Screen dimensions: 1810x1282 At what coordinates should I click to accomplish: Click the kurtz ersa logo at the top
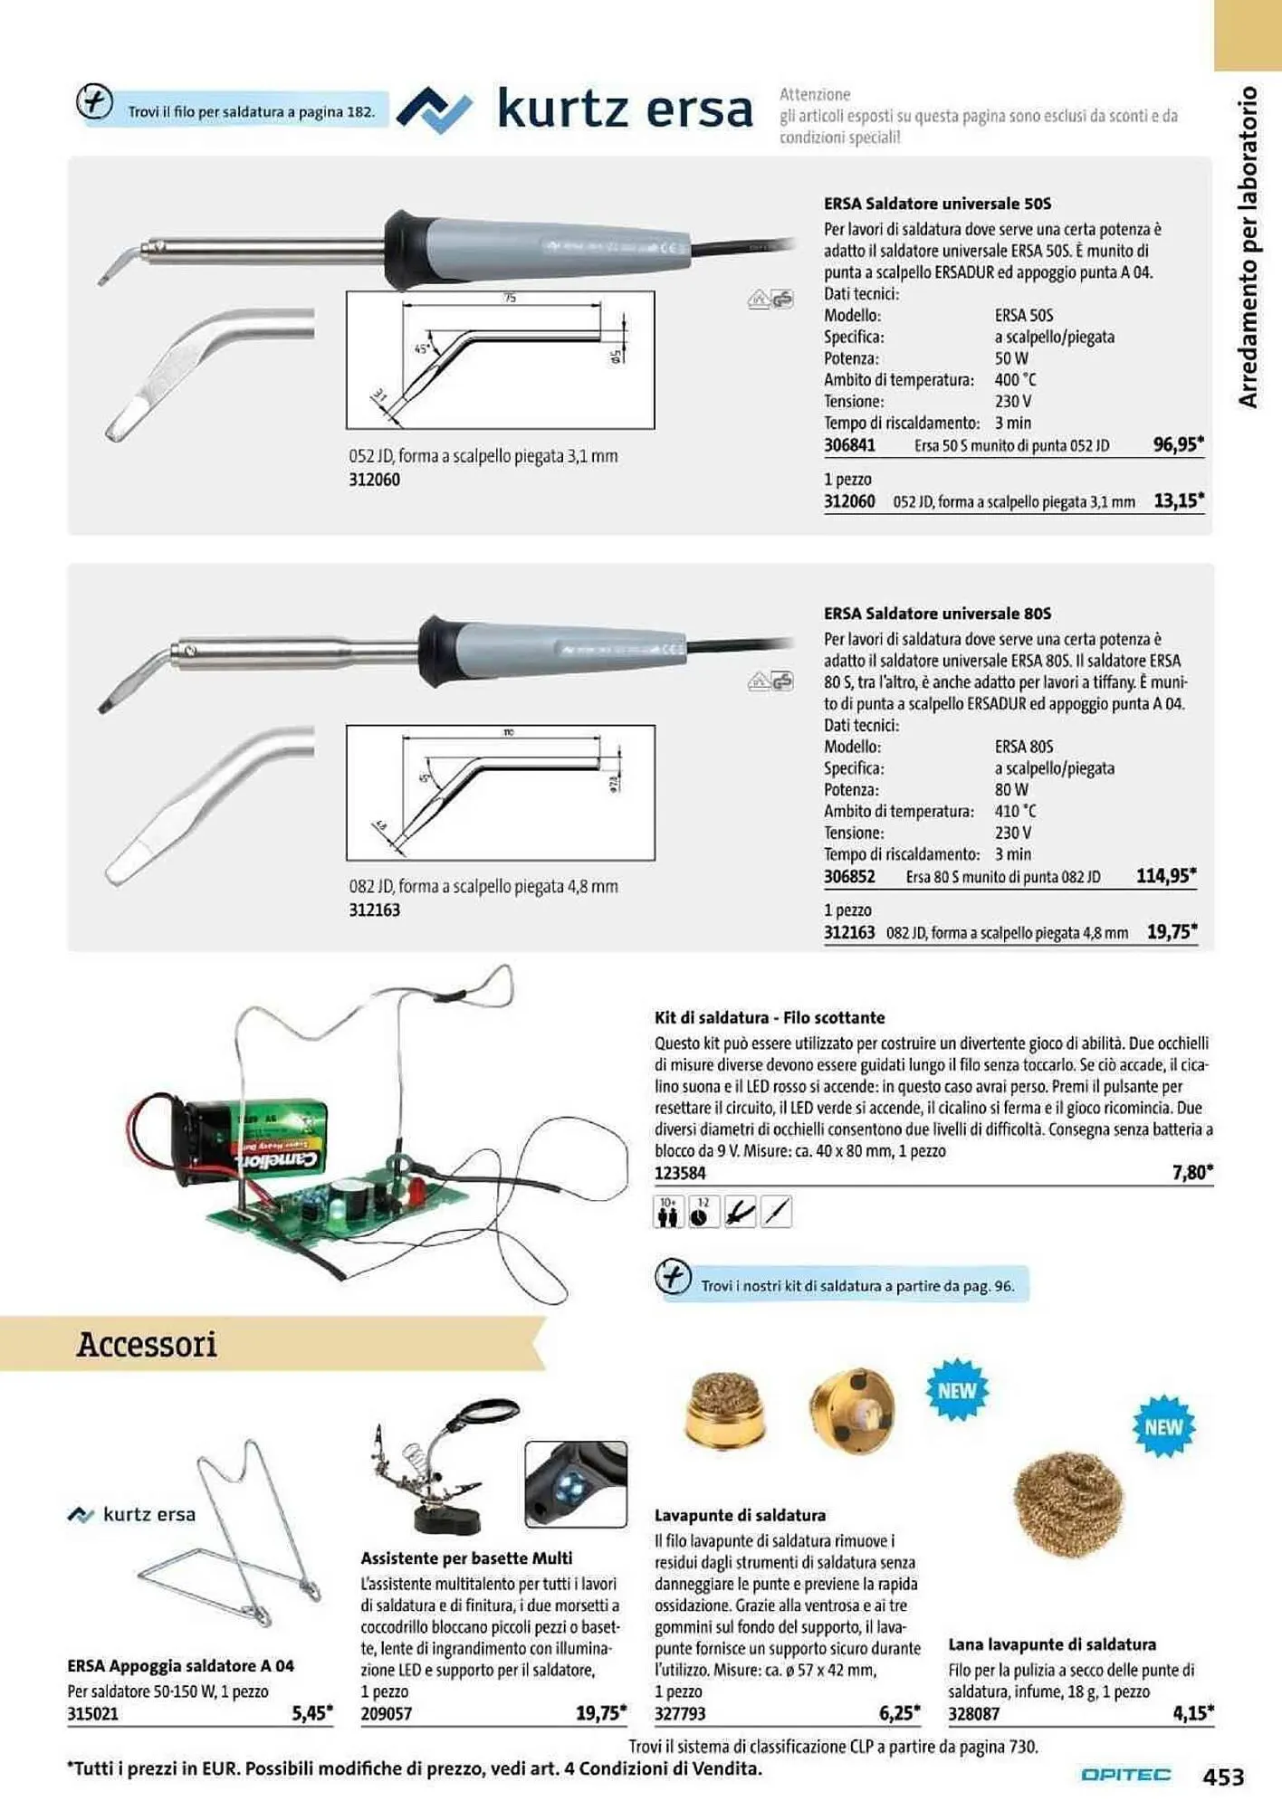tap(576, 110)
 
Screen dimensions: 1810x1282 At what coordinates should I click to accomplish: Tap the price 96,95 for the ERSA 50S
tap(1177, 444)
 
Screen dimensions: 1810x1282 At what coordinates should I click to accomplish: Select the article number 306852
tap(849, 877)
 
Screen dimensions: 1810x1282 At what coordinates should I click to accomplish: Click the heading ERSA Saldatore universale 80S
tap(937, 614)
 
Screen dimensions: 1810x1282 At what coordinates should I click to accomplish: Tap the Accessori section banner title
tap(147, 1344)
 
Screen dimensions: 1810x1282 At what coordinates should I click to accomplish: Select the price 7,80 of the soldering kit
tap(1191, 1173)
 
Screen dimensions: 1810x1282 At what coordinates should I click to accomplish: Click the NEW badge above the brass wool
tap(1163, 1427)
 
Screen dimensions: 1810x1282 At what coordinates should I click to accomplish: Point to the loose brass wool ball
tap(1069, 1503)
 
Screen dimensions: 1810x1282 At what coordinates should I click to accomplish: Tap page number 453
tap(1223, 1777)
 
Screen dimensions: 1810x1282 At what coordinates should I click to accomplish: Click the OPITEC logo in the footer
tap(1125, 1776)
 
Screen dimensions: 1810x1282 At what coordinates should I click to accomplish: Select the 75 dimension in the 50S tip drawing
tap(510, 298)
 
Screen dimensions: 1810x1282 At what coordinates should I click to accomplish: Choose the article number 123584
tap(680, 1174)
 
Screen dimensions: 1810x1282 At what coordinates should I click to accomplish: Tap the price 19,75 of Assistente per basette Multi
tap(600, 1713)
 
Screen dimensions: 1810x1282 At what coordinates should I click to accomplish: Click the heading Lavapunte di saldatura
tap(740, 1515)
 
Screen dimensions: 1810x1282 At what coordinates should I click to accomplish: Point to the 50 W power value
tap(1011, 358)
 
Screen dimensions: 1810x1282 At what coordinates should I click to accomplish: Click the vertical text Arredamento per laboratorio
tap(1248, 246)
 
